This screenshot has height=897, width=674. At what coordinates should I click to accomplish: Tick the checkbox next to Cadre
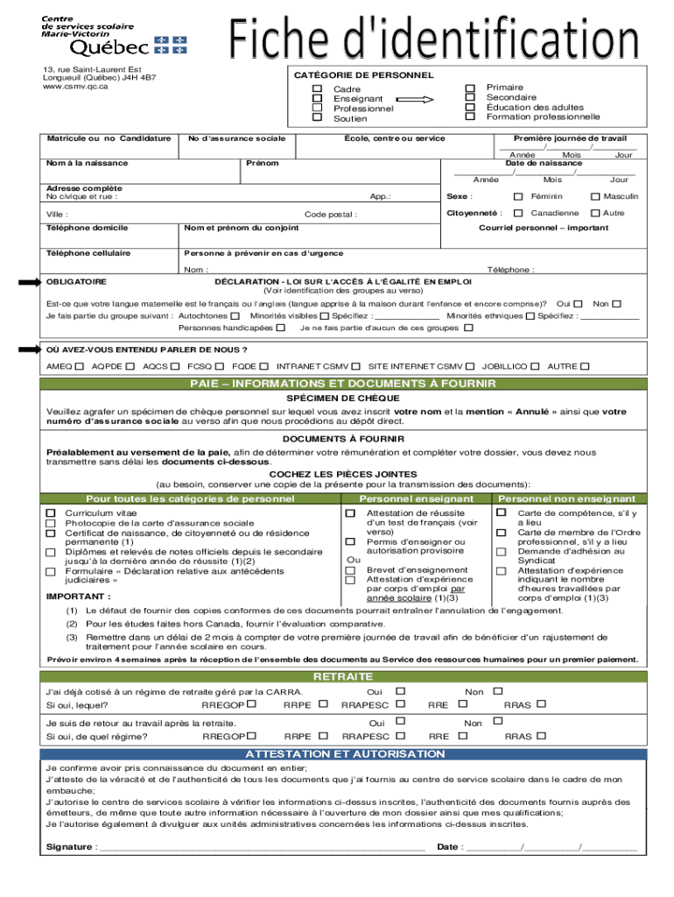pyautogui.click(x=318, y=89)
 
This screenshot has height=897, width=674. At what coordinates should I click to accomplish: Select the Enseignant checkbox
pyautogui.click(x=318, y=99)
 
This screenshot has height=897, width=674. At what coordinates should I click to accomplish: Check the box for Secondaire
pyautogui.click(x=470, y=97)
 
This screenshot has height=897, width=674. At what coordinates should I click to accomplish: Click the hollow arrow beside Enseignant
pyautogui.click(x=416, y=99)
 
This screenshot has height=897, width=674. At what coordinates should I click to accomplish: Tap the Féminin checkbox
pyautogui.click(x=518, y=196)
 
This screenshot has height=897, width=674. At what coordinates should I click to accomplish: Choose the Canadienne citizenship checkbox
pyautogui.click(x=518, y=213)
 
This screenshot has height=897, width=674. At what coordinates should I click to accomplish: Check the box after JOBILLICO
pyautogui.click(x=535, y=366)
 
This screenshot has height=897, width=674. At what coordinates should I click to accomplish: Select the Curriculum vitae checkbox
pyautogui.click(x=51, y=512)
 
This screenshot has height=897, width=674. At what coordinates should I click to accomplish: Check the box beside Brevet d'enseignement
pyautogui.click(x=350, y=569)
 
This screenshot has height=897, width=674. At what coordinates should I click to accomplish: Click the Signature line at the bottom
pyautogui.click(x=263, y=846)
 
